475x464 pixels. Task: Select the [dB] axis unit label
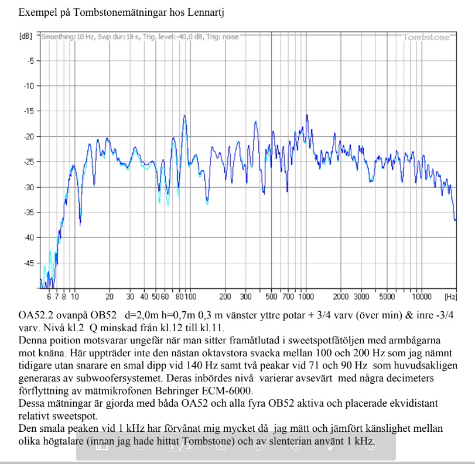[x=26, y=36]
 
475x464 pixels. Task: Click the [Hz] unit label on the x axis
[x=450, y=297]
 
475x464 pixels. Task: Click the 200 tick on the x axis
[x=225, y=297]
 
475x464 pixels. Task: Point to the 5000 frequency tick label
[x=387, y=297]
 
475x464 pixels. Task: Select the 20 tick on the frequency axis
[x=110, y=297]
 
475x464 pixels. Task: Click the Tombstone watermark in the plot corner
[x=426, y=37]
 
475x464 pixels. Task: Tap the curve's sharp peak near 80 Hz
[x=184, y=116]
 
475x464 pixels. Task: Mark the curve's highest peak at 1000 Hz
[x=306, y=115]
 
